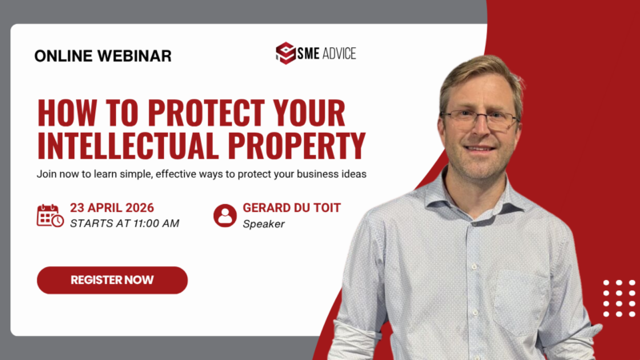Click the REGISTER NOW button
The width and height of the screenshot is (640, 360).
tap(112, 280)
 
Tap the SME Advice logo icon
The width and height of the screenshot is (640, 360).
tap(286, 54)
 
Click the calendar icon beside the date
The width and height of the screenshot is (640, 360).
tap(50, 215)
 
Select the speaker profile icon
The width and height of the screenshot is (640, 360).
tap(225, 215)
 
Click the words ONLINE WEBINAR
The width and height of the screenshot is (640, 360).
tap(103, 56)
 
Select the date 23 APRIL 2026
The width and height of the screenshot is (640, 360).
tap(112, 208)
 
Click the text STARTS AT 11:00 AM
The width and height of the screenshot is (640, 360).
tap(124, 223)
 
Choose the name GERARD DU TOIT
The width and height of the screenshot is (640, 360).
tap(291, 208)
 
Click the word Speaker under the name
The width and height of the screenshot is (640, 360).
tap(264, 224)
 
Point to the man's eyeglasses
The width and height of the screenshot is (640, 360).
tap(479, 119)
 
